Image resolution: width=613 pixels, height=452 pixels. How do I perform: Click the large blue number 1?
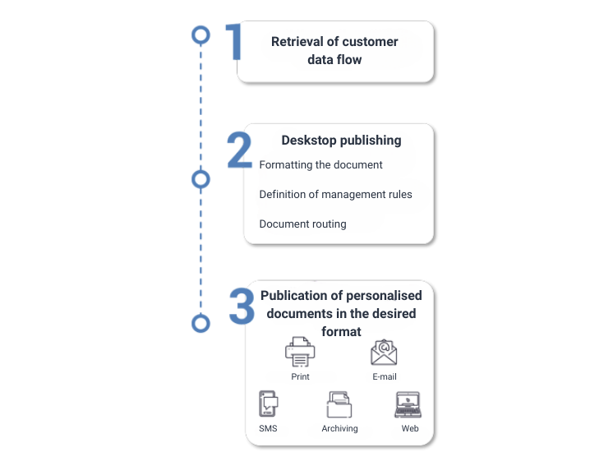click(x=234, y=41)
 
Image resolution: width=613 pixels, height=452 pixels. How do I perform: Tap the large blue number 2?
click(x=240, y=150)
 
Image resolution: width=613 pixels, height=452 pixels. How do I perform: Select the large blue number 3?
click(x=242, y=307)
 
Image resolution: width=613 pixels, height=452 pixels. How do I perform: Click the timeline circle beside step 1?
click(x=201, y=35)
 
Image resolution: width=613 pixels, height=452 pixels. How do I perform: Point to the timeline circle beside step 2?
click(x=201, y=179)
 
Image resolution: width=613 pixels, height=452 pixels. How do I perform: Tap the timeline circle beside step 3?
click(x=201, y=323)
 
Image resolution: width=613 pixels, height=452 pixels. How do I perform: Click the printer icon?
click(x=300, y=352)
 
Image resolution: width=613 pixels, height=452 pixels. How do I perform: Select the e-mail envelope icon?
click(x=384, y=353)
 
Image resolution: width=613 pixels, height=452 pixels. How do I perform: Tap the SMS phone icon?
click(x=268, y=404)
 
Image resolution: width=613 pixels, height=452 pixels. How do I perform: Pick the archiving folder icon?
click(x=339, y=404)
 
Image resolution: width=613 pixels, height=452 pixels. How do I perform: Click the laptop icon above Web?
click(x=408, y=404)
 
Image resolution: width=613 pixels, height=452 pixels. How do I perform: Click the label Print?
click(x=300, y=376)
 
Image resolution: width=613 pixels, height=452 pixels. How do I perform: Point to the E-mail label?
click(x=385, y=376)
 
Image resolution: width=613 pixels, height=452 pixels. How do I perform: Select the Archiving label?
click(x=339, y=428)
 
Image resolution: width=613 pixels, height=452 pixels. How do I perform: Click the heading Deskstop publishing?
click(x=341, y=141)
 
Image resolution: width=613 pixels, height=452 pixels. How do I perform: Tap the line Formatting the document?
click(x=321, y=165)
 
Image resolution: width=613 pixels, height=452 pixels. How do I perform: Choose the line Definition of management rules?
click(x=336, y=194)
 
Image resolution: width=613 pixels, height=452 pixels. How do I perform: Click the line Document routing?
click(x=303, y=224)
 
